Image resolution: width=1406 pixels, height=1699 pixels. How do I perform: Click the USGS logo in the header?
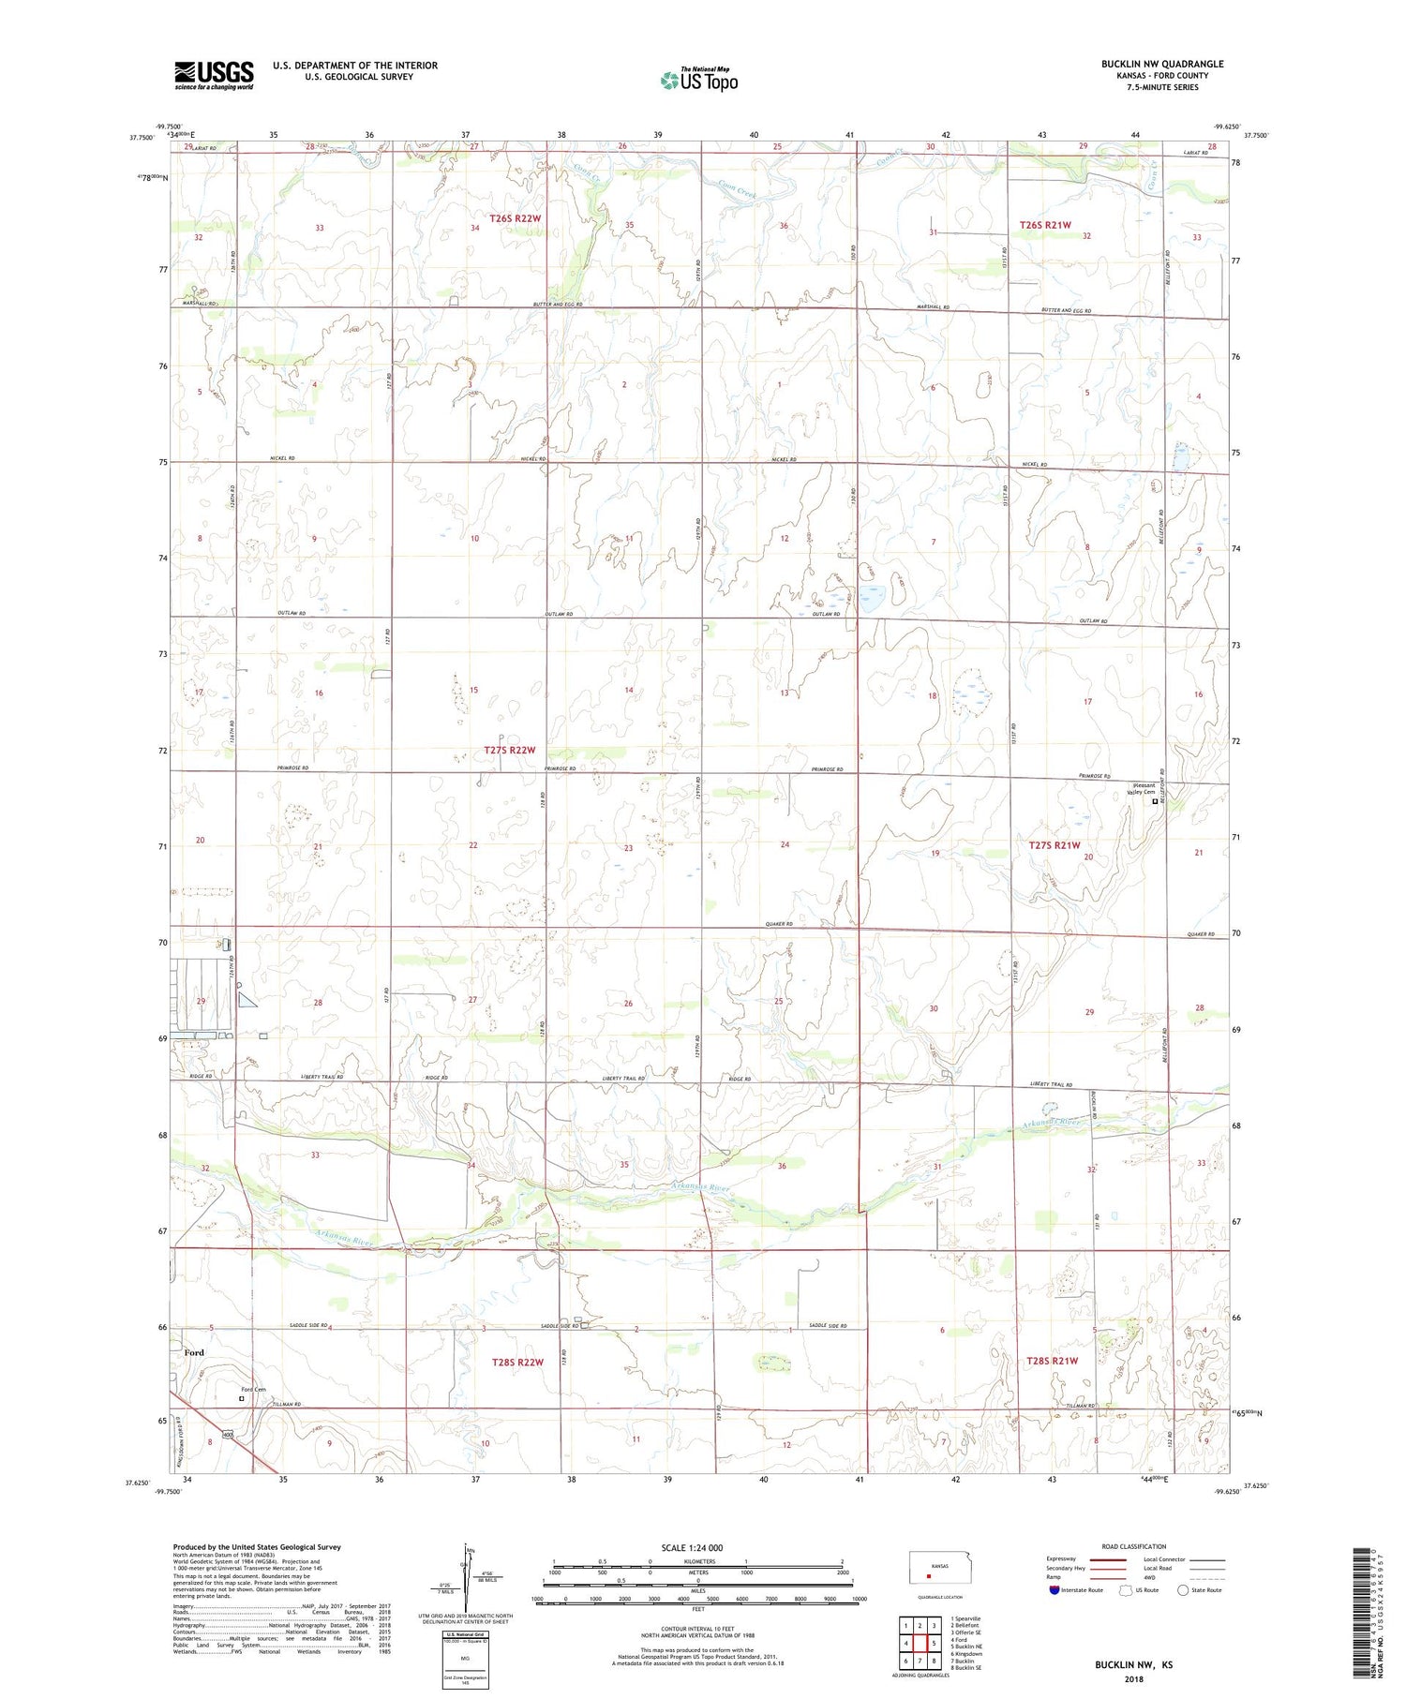point(214,75)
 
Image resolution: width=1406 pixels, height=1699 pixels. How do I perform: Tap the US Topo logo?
point(698,81)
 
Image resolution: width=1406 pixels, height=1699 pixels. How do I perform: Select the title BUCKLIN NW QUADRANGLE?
point(1161,64)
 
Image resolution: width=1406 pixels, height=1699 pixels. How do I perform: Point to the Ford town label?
point(194,1352)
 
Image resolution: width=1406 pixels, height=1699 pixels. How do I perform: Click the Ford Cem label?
point(253,1389)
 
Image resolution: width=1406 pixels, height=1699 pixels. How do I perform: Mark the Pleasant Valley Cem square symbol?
point(1155,801)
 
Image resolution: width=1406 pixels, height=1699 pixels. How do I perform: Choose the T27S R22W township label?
point(510,750)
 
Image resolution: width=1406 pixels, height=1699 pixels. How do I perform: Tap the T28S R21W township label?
point(1052,1360)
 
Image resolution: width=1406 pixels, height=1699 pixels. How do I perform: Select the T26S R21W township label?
point(1045,225)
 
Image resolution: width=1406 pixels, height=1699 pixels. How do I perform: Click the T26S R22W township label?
point(516,218)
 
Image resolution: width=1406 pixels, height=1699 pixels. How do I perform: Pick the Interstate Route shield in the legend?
point(1054,1589)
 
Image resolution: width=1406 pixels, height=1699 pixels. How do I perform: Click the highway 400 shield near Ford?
point(227,1435)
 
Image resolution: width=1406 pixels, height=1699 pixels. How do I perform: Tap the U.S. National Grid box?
point(466,1659)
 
